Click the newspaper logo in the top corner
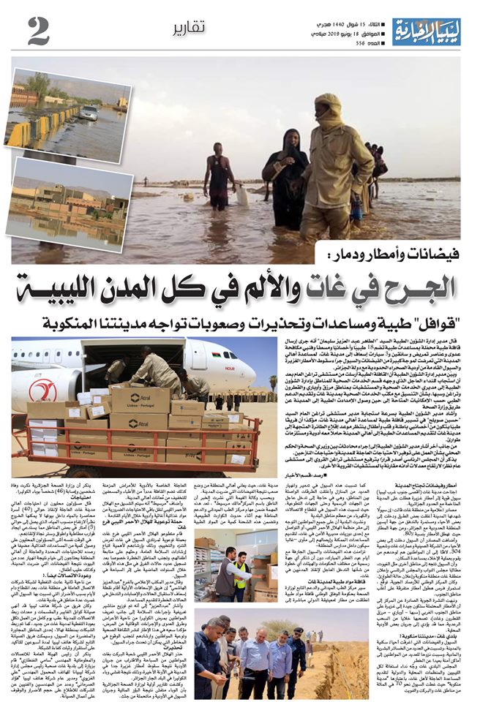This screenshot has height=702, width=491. (x=426, y=30)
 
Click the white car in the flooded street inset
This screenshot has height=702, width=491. (x=89, y=112)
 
